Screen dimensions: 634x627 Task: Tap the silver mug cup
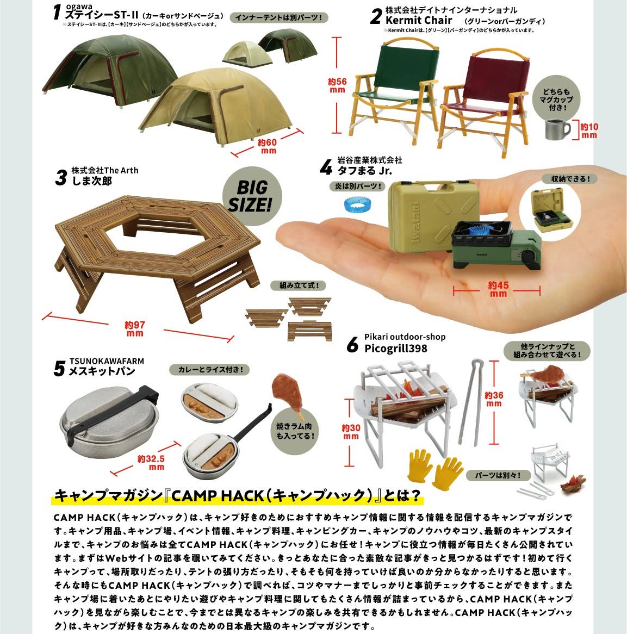pyautogui.click(x=557, y=129)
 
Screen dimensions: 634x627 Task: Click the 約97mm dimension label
pyautogui.click(x=134, y=328)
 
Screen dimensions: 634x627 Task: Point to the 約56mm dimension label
pyautogui.click(x=337, y=85)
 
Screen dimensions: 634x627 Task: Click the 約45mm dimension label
pyautogui.click(x=498, y=289)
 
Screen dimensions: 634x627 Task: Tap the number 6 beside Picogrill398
pyautogui.click(x=352, y=345)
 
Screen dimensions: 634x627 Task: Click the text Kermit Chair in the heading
pyautogui.click(x=419, y=20)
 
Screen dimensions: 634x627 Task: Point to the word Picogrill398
pyautogui.click(x=395, y=348)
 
